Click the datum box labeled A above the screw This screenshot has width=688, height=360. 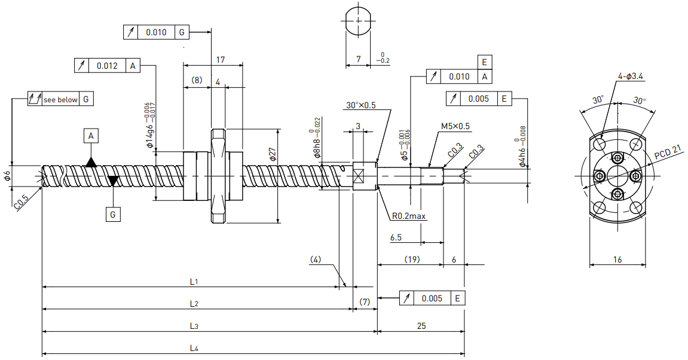coord(91,136)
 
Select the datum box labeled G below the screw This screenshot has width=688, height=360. coord(113,214)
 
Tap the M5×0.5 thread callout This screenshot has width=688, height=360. coord(455,126)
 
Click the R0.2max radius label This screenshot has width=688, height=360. coord(409,216)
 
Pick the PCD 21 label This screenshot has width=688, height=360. coord(668,152)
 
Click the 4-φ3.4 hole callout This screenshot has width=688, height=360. coord(631,76)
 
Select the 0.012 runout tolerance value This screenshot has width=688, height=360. coord(108,66)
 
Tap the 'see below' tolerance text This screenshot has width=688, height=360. coord(60,100)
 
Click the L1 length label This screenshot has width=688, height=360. coord(194,282)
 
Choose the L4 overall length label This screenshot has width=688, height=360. coord(194,348)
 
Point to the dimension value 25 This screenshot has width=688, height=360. coord(421,326)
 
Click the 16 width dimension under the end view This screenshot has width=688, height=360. coord(617,260)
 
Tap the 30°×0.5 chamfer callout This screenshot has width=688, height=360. coord(360,105)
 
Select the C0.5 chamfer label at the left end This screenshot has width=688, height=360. coord(21,202)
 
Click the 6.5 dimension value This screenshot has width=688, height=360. coord(396,237)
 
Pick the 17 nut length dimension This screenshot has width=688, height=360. coord(220,59)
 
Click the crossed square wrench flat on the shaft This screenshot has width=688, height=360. coord(359,176)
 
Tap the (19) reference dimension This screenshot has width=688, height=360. coord(412,260)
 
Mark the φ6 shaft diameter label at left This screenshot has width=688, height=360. coord(7,176)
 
